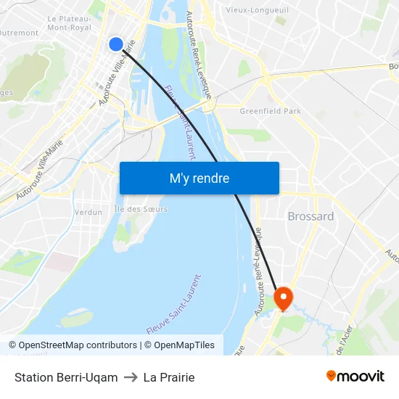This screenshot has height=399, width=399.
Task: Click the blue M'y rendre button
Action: click(x=199, y=178)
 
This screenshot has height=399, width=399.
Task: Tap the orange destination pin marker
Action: click(x=282, y=297)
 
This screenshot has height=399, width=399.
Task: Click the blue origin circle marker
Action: click(x=116, y=44)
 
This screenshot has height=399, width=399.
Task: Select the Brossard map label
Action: click(x=310, y=216)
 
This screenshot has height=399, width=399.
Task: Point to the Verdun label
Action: click(x=88, y=213)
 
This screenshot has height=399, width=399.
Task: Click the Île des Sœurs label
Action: click(x=141, y=209)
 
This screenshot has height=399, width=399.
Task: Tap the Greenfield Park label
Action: click(x=269, y=111)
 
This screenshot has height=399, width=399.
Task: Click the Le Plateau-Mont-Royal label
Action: click(x=69, y=22)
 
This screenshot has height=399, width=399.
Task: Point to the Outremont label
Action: click(x=19, y=33)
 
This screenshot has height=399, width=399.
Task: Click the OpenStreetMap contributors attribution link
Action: click(x=78, y=345)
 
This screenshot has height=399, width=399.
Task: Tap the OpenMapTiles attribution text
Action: click(x=184, y=345)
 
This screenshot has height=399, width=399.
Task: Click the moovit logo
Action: click(x=355, y=377)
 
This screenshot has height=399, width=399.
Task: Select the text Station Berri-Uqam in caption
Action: click(x=66, y=377)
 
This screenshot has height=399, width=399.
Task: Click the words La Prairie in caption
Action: click(x=169, y=377)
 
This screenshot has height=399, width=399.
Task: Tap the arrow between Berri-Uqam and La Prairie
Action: click(x=131, y=377)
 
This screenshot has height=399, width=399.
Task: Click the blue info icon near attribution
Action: click(x=11, y=345)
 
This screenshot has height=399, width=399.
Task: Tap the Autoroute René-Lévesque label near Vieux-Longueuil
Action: click(x=198, y=54)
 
